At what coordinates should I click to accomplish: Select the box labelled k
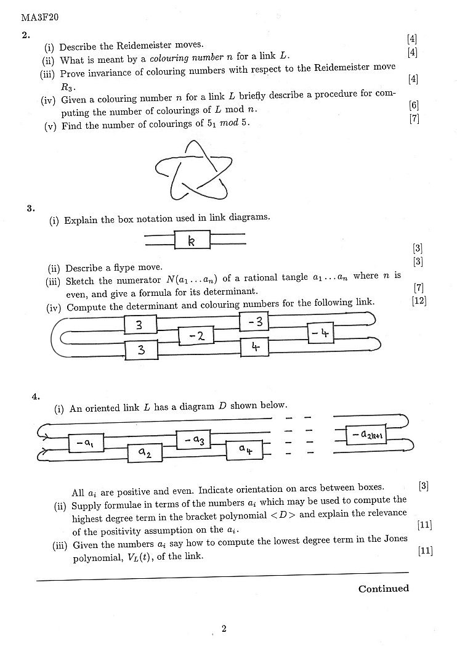coord(192,240)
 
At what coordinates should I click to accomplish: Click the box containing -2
coord(196,335)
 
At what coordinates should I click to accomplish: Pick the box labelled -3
coord(256,321)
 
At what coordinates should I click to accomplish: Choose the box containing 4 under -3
coord(256,347)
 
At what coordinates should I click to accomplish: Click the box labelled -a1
coord(86,443)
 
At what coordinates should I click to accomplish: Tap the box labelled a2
coord(145,454)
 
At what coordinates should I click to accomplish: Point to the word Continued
coord(384,589)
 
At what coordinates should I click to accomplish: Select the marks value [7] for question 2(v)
coord(414,120)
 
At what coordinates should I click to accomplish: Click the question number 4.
coord(35,396)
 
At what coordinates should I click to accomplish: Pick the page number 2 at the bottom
coord(224,629)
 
